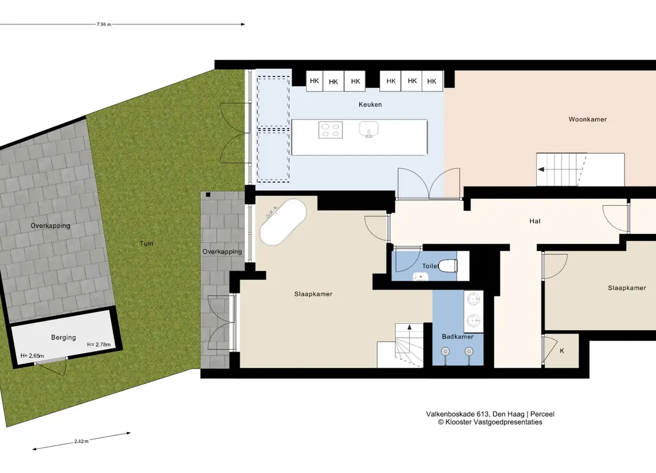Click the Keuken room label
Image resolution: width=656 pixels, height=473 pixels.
click(370, 105)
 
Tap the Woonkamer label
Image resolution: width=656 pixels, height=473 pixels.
click(587, 119)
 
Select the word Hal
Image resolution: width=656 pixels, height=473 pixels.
click(535, 221)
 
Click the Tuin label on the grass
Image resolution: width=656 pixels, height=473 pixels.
click(147, 243)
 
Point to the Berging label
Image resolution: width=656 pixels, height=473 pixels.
click(64, 337)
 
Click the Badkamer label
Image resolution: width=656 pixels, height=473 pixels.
click(458, 337)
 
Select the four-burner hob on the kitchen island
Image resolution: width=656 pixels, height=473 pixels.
click(331, 130)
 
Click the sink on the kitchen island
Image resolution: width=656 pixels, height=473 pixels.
click(368, 129)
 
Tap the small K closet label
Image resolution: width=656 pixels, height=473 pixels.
click(562, 351)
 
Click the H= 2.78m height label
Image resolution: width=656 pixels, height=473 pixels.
click(99, 345)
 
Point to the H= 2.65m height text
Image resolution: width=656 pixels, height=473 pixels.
click(32, 356)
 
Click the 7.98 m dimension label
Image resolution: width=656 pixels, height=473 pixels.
click(104, 24)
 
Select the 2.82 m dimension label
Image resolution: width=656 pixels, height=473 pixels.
click(81, 441)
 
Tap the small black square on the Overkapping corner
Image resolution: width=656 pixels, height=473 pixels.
click(208, 194)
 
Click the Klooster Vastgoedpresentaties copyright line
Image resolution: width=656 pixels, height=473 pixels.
click(490, 423)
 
